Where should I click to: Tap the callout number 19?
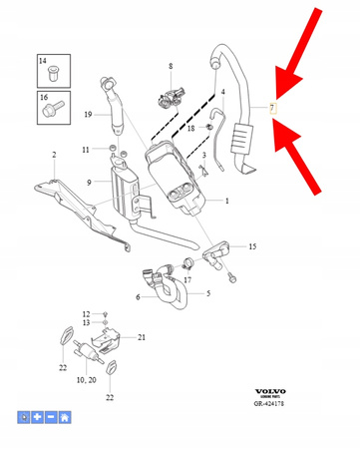pyautogui.click(x=89, y=115)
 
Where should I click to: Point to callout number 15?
pyautogui.click(x=252, y=245)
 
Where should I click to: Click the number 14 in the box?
pyautogui.click(x=43, y=62)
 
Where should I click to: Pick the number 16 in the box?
pyautogui.click(x=43, y=98)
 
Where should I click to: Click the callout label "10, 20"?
pyautogui.click(x=85, y=380)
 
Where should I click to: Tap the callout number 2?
pyautogui.click(x=53, y=154)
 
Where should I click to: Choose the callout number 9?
pyautogui.click(x=89, y=182)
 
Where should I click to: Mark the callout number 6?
pyautogui.click(x=137, y=296)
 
